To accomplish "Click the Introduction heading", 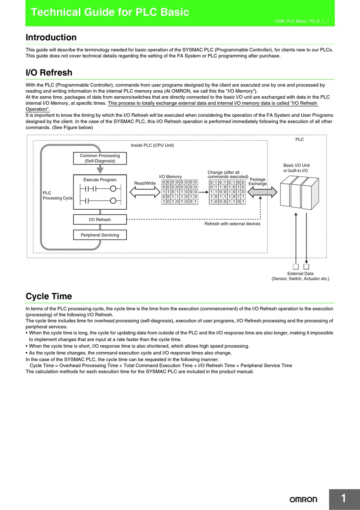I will [x=51, y=38].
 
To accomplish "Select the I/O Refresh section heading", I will [x=49, y=72].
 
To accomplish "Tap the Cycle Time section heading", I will [x=49, y=296].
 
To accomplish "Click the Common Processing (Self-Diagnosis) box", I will [x=100, y=158].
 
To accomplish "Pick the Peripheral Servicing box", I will [x=100, y=235].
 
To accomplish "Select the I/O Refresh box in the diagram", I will [x=100, y=220].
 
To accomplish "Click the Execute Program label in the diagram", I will [x=100, y=180].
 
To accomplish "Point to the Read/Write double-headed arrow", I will [x=145, y=191].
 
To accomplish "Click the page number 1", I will [x=343, y=498].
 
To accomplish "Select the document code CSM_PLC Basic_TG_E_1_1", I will [x=302, y=21].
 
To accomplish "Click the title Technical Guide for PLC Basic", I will [x=110, y=12].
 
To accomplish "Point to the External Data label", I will [x=300, y=274].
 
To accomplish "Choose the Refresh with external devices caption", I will [x=232, y=224].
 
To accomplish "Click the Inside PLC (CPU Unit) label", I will [x=152, y=145].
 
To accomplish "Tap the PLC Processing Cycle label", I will [x=57, y=196].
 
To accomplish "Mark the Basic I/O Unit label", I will [x=296, y=165].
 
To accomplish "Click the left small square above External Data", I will [x=296, y=267].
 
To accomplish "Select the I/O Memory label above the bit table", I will [x=170, y=177].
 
